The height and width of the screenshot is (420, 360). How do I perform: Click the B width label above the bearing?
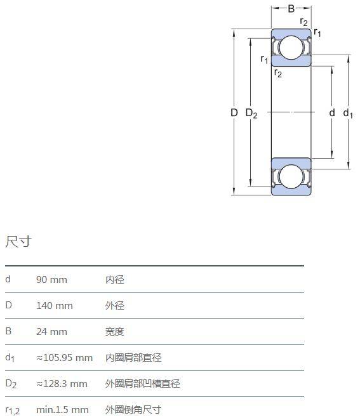tap(291, 9)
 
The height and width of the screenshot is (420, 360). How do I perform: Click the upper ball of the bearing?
tap(291, 48)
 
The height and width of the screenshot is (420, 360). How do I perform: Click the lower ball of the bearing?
tap(291, 176)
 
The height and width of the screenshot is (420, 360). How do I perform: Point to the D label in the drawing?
tap(234, 112)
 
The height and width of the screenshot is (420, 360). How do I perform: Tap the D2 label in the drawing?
tap(251, 114)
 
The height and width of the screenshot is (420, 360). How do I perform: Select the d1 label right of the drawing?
tap(348, 114)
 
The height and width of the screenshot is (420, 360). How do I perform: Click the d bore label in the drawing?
tap(332, 112)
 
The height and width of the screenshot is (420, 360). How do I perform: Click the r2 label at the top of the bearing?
tap(303, 22)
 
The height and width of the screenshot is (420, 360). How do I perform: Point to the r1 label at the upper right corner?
tap(317, 32)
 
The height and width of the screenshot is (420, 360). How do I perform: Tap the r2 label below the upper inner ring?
tap(278, 73)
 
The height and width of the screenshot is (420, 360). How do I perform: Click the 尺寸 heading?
tap(18, 241)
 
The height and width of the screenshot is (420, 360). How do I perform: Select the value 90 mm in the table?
tap(51, 280)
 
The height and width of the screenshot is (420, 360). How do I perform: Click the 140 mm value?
tap(55, 306)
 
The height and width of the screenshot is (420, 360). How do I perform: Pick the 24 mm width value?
tap(51, 332)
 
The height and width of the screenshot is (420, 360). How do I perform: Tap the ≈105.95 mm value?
tap(65, 358)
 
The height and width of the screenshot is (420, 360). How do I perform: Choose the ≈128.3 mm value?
tap(62, 384)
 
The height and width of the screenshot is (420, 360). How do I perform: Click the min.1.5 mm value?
tap(62, 410)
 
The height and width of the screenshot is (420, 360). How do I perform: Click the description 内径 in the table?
tap(115, 280)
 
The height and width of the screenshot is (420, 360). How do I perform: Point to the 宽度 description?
tap(115, 332)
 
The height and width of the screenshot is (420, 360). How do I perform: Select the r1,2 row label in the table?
tap(12, 410)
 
